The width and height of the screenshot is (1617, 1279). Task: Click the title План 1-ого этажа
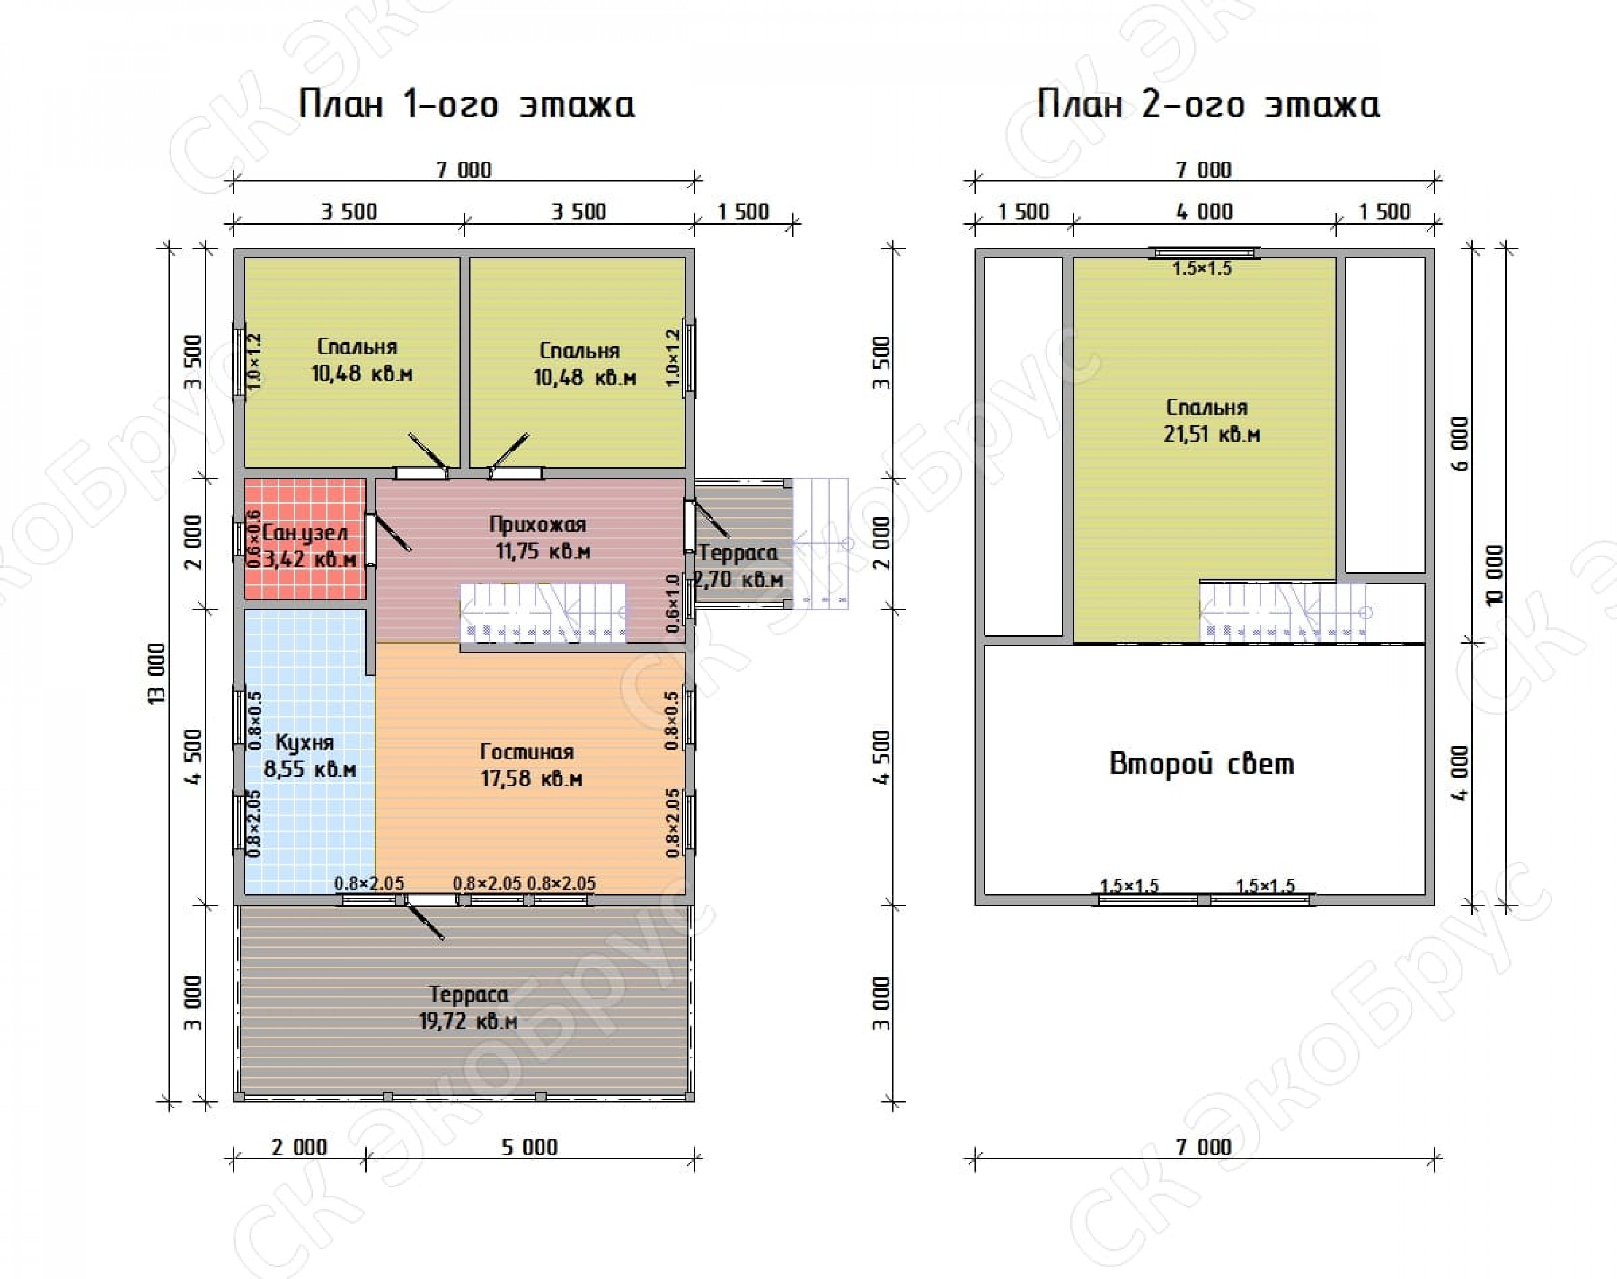(466, 104)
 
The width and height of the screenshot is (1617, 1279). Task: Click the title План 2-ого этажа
(1208, 104)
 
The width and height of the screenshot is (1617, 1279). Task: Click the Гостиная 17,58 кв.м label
(530, 765)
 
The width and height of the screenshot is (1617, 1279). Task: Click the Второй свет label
(1201, 764)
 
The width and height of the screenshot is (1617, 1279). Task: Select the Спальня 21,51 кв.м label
(1211, 420)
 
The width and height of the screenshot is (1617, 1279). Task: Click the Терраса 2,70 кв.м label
(740, 566)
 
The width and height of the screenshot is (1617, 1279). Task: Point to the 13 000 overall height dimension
(156, 673)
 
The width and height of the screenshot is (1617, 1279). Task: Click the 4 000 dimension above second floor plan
(1204, 212)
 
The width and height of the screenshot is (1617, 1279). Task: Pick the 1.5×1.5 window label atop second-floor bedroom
(1202, 268)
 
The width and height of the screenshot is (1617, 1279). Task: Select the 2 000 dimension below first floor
(299, 1147)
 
